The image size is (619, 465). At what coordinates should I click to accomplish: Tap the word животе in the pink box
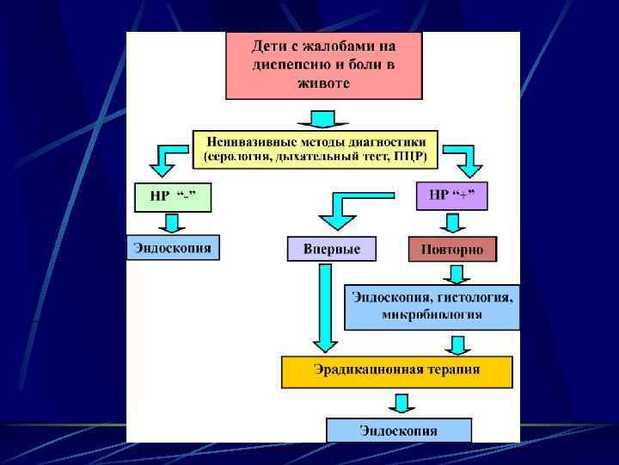tap(323, 83)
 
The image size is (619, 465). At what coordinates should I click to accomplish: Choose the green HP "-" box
tap(172, 196)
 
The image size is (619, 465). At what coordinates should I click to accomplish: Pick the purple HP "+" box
tap(451, 195)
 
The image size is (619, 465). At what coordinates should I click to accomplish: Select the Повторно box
tap(452, 250)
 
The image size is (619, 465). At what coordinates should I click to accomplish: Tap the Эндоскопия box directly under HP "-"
tap(172, 248)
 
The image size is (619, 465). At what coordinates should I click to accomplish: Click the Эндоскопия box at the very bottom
tap(398, 430)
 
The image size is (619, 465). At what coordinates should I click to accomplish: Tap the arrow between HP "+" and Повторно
tap(451, 223)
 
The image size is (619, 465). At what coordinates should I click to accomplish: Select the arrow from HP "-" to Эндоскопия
tap(172, 222)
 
